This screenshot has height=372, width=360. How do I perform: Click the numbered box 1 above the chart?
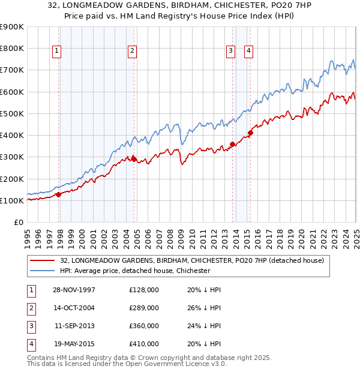(56, 52)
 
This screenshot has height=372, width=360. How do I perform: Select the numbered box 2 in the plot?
(131, 52)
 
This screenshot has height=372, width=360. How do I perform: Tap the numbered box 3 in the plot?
(230, 52)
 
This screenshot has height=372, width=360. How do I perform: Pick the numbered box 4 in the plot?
(248, 52)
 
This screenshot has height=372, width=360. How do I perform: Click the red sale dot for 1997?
(59, 194)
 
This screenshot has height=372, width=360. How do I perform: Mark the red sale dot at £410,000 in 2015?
(250, 133)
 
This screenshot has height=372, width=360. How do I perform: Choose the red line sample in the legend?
(43, 260)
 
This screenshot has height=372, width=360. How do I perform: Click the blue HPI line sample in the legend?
(43, 271)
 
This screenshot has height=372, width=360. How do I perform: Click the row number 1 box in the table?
(30, 290)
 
